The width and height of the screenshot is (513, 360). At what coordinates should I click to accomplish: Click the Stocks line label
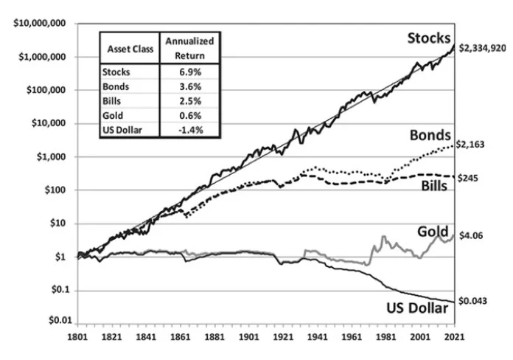pyautogui.click(x=430, y=38)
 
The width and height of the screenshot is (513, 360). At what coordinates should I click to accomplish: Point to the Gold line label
pyautogui.click(x=433, y=233)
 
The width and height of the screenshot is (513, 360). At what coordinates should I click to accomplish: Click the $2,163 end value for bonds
pyautogui.click(x=472, y=146)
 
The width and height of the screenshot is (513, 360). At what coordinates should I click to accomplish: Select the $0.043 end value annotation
pyautogui.click(x=472, y=301)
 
